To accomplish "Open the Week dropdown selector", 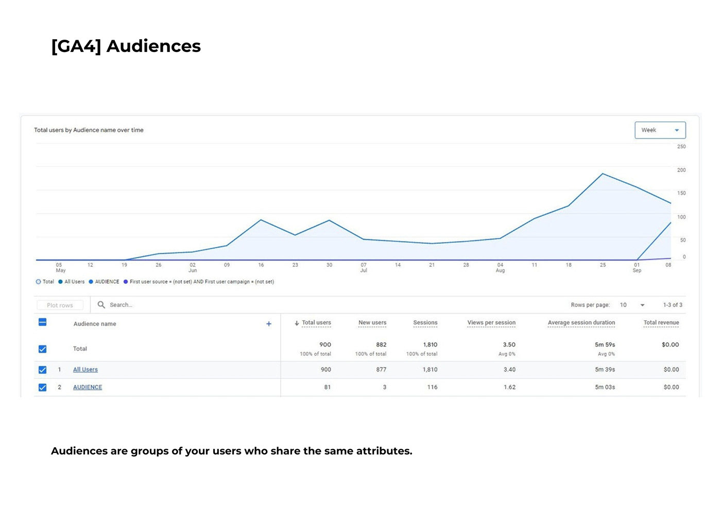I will pyautogui.click(x=660, y=130).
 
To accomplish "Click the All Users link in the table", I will pyautogui.click(x=85, y=369).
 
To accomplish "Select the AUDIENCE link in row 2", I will pyautogui.click(x=88, y=387).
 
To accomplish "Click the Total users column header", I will pyautogui.click(x=316, y=323).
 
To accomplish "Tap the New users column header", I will pyautogui.click(x=372, y=323).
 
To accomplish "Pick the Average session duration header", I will pyautogui.click(x=581, y=323).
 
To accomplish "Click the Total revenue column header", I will pyautogui.click(x=661, y=323).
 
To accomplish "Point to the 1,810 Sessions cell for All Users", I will pyautogui.click(x=430, y=369).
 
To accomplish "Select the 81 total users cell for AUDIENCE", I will pyautogui.click(x=327, y=387).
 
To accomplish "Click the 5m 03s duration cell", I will pyautogui.click(x=605, y=387).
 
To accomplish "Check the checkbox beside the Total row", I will pyautogui.click(x=43, y=349).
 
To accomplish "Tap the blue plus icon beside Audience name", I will pyautogui.click(x=269, y=324).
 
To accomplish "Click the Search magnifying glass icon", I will pyautogui.click(x=101, y=305).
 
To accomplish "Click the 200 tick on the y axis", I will pyautogui.click(x=681, y=170).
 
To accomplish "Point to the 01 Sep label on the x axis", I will pyautogui.click(x=637, y=267).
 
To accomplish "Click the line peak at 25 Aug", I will pyautogui.click(x=603, y=174).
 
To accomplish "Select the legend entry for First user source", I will pyautogui.click(x=201, y=282).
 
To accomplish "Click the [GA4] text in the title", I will pyautogui.click(x=76, y=46).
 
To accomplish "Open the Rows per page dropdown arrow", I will pyautogui.click(x=642, y=305).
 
